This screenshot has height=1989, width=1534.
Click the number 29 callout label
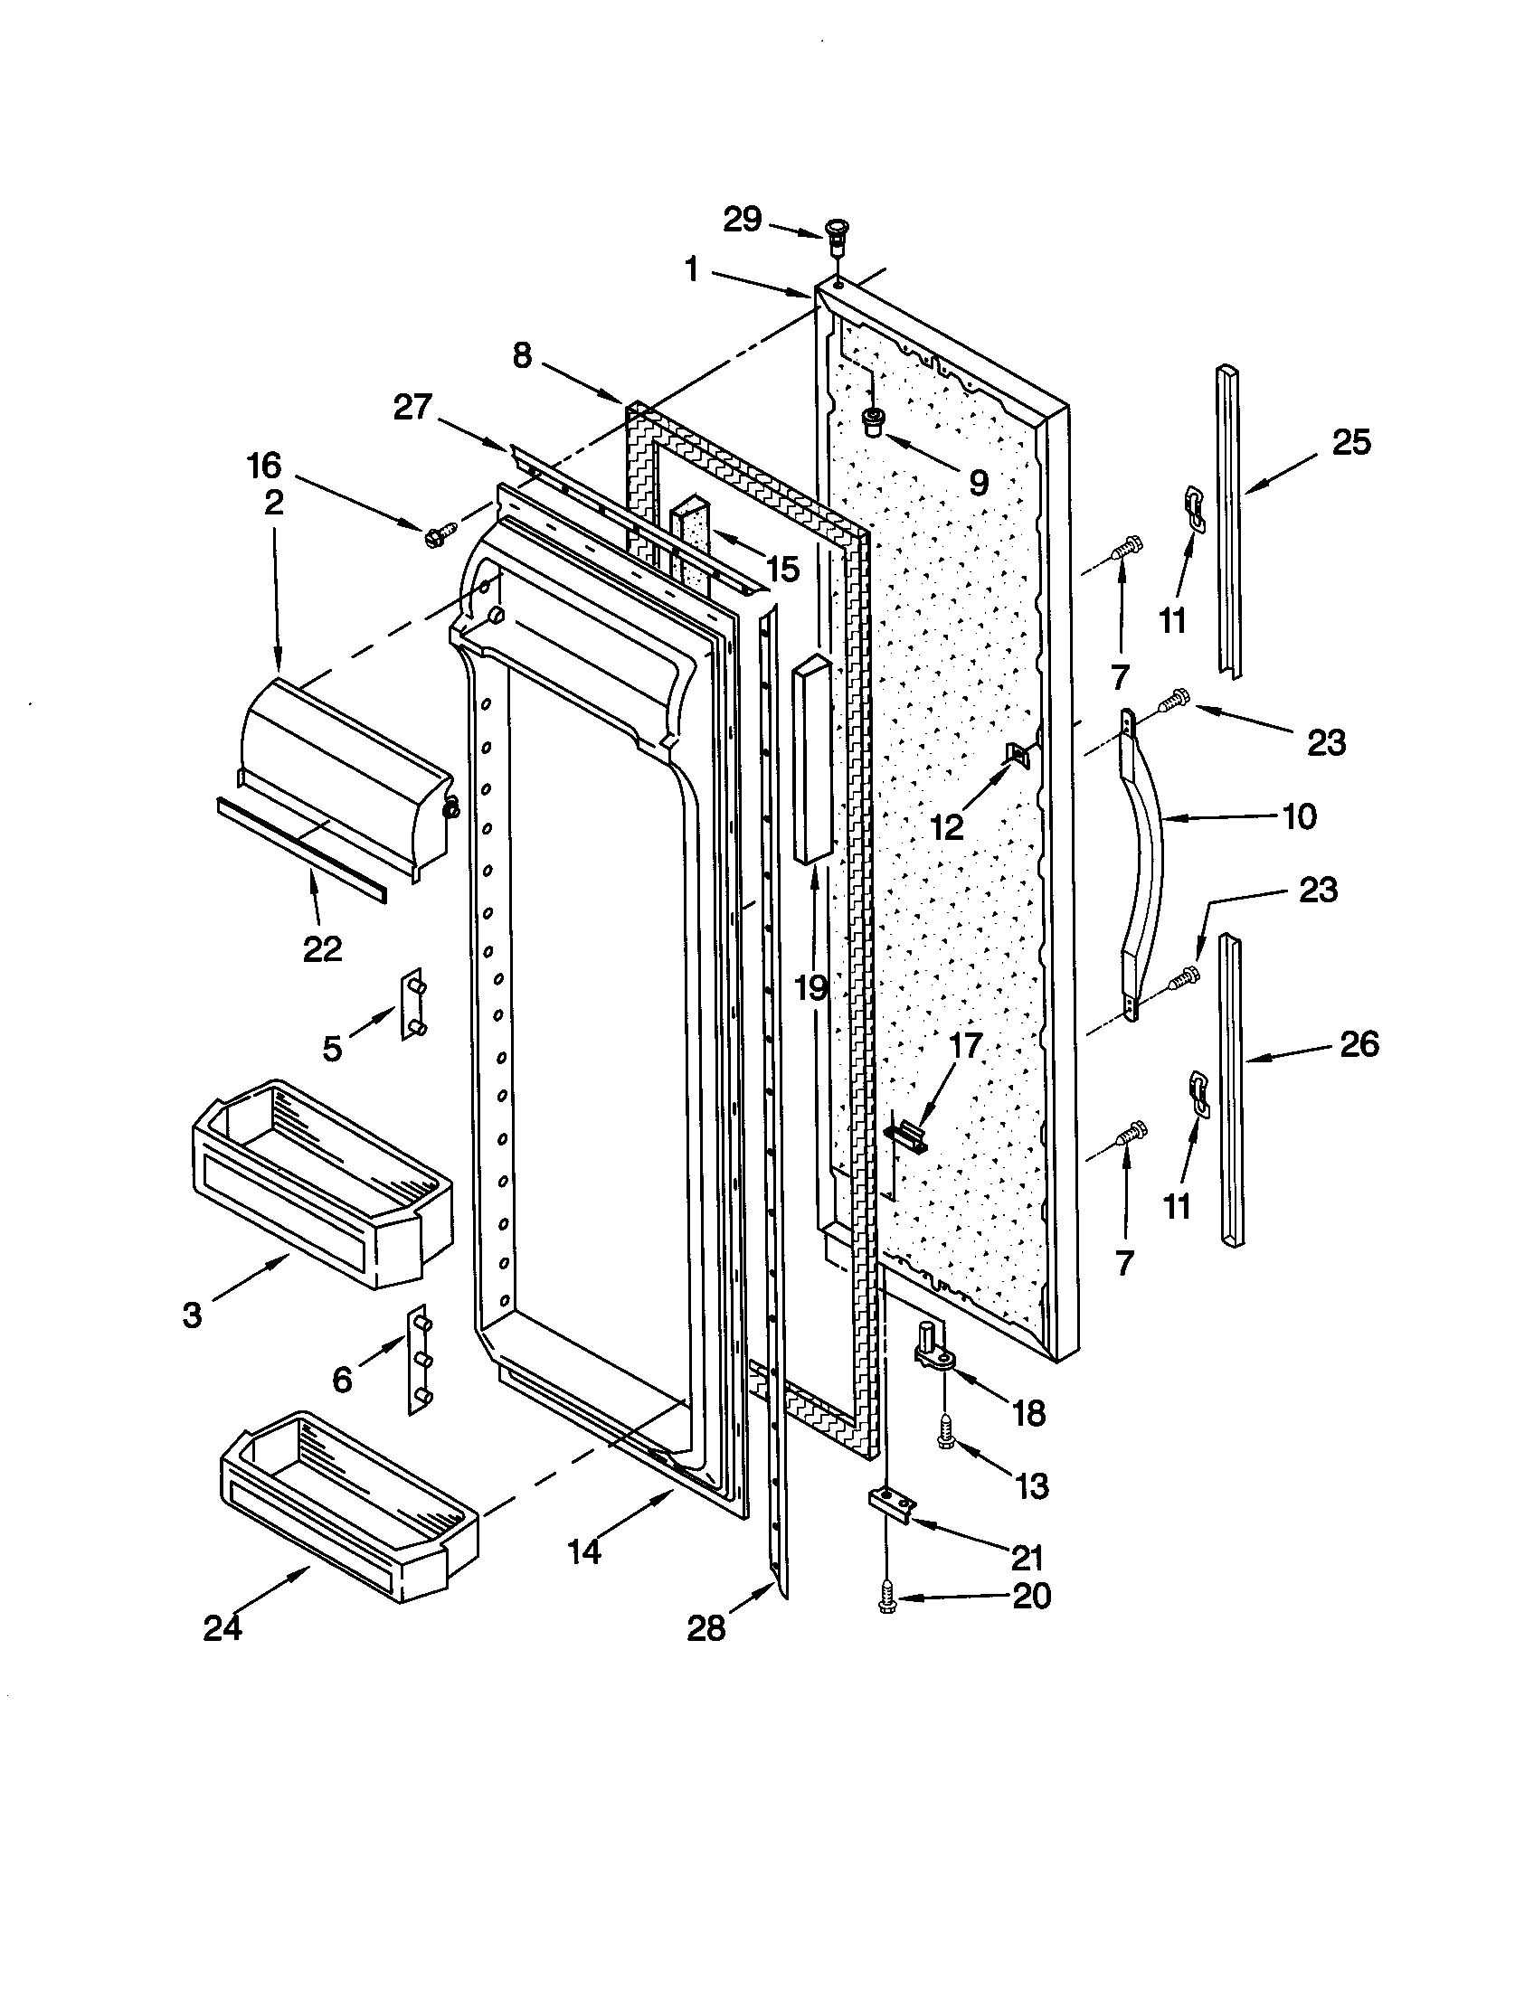[742, 219]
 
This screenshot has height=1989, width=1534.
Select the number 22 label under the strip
[322, 949]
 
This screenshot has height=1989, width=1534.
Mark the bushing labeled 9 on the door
[874, 421]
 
